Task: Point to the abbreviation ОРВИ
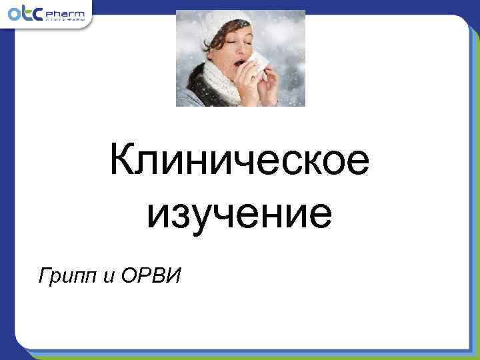(x=152, y=275)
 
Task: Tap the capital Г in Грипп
(x=44, y=275)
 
